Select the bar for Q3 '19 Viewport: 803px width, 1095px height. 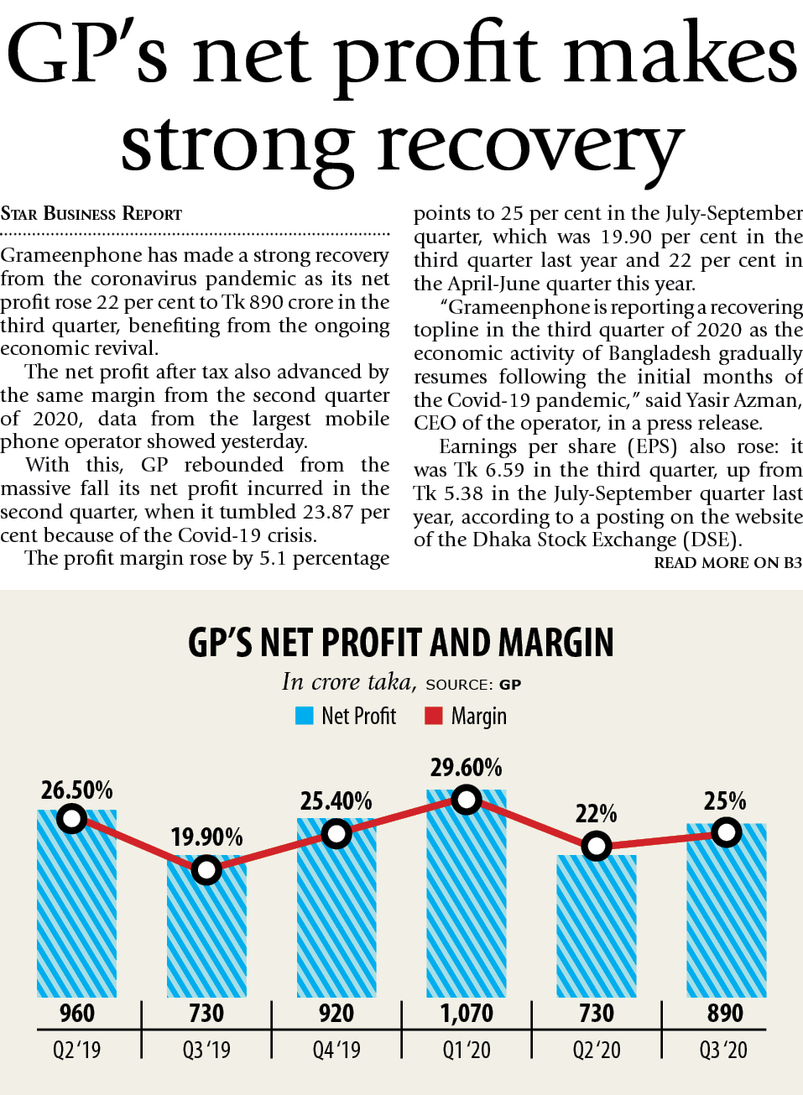206,931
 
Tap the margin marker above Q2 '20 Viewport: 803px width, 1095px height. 597,846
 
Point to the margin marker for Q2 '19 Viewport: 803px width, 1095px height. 73,818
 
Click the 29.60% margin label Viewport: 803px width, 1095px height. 466,767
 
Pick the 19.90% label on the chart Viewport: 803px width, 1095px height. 206,837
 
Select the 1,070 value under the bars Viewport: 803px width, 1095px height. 467,1014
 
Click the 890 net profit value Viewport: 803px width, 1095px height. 725,1014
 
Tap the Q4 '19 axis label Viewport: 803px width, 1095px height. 336,1050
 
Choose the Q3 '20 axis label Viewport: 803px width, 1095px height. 723,1050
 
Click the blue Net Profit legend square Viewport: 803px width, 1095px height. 304,716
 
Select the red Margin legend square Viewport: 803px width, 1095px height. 433,716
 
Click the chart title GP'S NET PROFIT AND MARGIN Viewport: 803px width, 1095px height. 401,643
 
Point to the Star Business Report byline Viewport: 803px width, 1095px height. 91,214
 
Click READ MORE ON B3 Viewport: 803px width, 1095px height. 727,563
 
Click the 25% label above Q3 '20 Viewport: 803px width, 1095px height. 725,800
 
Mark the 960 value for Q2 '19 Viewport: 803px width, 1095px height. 76,1014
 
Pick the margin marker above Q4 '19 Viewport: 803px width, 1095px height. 336,834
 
